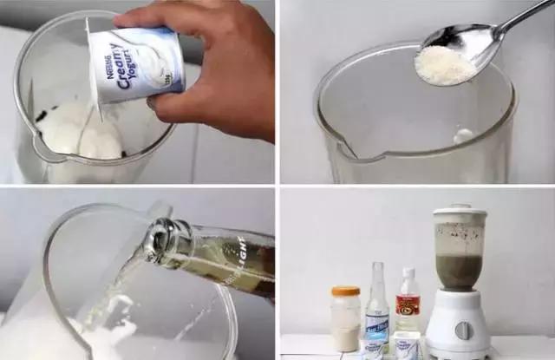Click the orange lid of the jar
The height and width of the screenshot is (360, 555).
coord(345,291)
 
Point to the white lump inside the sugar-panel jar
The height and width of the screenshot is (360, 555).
coord(464,136)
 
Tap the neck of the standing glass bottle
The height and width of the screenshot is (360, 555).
coord(376,282)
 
